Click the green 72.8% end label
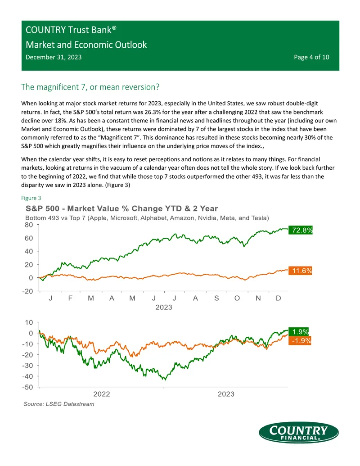click(x=300, y=230)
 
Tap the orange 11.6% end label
click(x=300, y=271)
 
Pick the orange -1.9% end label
click(x=300, y=340)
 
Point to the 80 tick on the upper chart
click(x=29, y=225)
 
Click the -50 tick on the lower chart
click(x=27, y=387)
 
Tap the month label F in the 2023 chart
click(x=70, y=298)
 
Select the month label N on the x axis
click(x=258, y=298)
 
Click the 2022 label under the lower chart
click(x=102, y=394)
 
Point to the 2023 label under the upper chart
click(x=164, y=308)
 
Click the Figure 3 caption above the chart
click(x=31, y=198)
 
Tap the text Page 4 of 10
click(x=311, y=57)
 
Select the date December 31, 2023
click(x=54, y=57)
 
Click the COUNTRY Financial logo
click(x=298, y=432)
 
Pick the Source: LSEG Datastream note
click(x=59, y=404)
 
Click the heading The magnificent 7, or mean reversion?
click(x=90, y=87)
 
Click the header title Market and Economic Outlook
click(x=86, y=45)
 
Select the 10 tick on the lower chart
click(x=29, y=322)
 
